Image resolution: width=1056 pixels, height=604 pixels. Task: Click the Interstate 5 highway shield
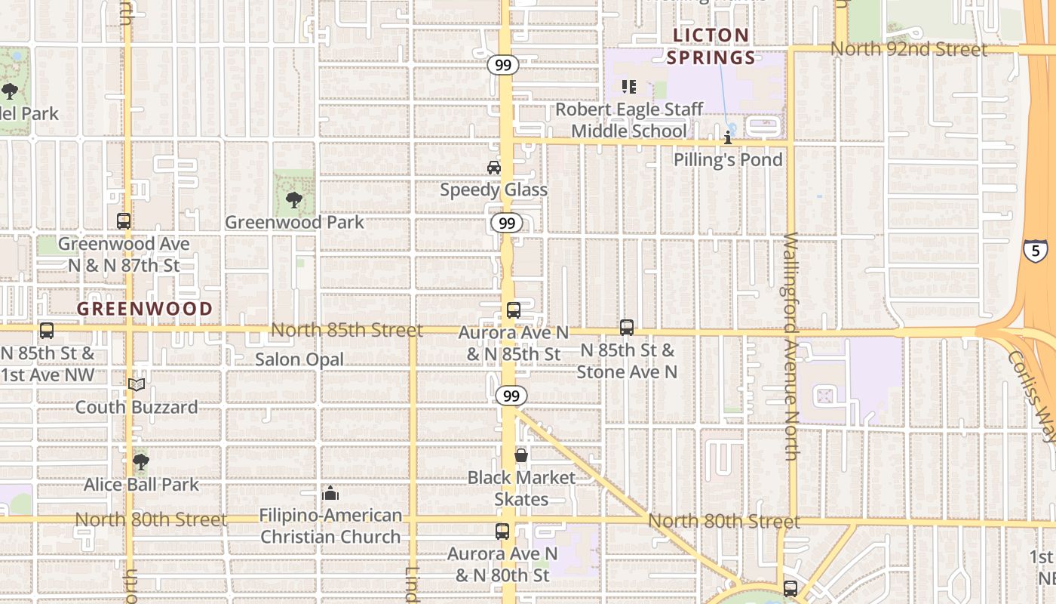coord(1035,250)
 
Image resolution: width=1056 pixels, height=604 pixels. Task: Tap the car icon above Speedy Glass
coord(494,167)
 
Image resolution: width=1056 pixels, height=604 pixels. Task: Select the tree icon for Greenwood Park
coord(294,200)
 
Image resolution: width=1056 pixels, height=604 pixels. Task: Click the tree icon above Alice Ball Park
coord(140,461)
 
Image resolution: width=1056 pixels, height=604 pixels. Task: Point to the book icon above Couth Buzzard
coord(137,385)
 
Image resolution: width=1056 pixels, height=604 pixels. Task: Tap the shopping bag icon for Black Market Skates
coord(521,455)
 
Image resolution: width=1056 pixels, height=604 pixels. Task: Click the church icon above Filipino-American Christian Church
coord(330,493)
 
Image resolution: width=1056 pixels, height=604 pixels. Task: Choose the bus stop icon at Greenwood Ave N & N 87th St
coord(124,221)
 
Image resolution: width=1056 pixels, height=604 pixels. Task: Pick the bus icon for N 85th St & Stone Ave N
coord(627,328)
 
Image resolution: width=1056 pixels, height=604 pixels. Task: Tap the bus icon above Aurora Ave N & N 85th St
coord(514,310)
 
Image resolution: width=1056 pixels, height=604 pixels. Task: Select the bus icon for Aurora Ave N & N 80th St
coord(502,532)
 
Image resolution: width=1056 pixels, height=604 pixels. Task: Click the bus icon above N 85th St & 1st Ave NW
coord(47,331)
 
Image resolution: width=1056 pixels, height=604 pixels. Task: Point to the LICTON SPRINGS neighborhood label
coord(711,46)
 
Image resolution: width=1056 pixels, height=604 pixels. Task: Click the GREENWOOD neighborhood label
coord(145,309)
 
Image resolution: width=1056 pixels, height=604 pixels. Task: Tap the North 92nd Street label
coord(908,49)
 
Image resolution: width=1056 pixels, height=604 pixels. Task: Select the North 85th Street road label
coord(346,330)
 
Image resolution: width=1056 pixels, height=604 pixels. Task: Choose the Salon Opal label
coord(299,359)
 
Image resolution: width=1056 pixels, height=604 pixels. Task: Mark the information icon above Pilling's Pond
coord(728,138)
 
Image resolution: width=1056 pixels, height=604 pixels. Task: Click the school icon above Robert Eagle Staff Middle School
coord(628,87)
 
